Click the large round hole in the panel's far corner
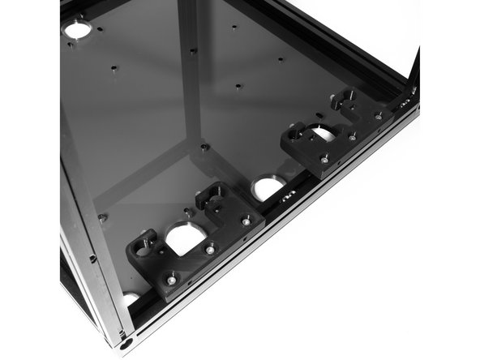click(x=77, y=30)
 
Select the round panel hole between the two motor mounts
click(x=268, y=188)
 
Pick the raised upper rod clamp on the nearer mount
click(x=212, y=195)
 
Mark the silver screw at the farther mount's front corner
click(x=324, y=160)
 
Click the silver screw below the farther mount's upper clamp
click(x=378, y=117)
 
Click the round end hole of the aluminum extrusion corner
click(x=126, y=344)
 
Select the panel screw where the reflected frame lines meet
click(x=204, y=147)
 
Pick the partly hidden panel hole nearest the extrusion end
click(x=130, y=298)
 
